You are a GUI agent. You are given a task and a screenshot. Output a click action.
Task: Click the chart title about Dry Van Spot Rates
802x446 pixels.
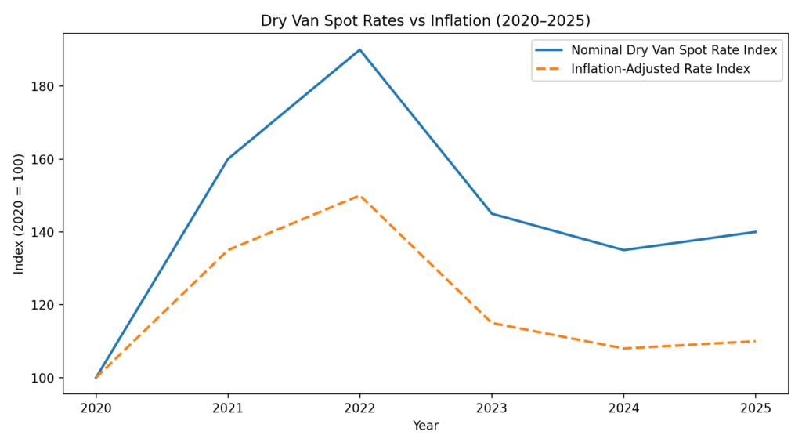click(x=425, y=21)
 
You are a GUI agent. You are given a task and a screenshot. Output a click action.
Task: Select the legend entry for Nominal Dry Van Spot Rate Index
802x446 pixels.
click(x=674, y=50)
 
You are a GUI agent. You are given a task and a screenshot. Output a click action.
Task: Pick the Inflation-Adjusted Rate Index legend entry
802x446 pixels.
click(x=660, y=69)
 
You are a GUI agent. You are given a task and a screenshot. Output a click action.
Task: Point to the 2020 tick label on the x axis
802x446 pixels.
click(x=96, y=408)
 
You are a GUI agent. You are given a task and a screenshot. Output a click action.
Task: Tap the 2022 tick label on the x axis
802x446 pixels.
click(x=359, y=408)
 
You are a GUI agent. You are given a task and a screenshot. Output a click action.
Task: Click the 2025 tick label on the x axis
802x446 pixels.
click(x=756, y=408)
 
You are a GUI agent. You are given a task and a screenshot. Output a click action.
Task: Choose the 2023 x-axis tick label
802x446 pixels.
click(x=492, y=408)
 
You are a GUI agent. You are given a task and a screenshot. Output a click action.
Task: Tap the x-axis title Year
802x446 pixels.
click(x=425, y=426)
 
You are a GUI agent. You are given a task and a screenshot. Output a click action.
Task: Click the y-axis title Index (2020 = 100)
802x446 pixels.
click(x=19, y=213)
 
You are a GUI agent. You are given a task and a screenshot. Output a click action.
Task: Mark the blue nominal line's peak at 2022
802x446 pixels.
click(x=359, y=49)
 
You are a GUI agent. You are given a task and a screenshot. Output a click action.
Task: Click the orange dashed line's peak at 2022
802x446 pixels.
click(x=359, y=195)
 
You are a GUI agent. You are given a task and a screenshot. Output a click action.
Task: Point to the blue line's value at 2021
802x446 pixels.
click(x=228, y=159)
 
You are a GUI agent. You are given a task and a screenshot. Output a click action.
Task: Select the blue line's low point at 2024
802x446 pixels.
click(x=623, y=250)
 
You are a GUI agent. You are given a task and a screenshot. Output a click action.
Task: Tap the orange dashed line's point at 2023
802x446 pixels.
click(x=492, y=323)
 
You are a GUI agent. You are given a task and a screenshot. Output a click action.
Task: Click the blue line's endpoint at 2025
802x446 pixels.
click(x=756, y=232)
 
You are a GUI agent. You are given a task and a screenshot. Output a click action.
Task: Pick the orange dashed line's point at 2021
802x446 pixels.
click(x=228, y=250)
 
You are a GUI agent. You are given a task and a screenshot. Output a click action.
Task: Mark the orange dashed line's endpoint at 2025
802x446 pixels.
click(x=756, y=341)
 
